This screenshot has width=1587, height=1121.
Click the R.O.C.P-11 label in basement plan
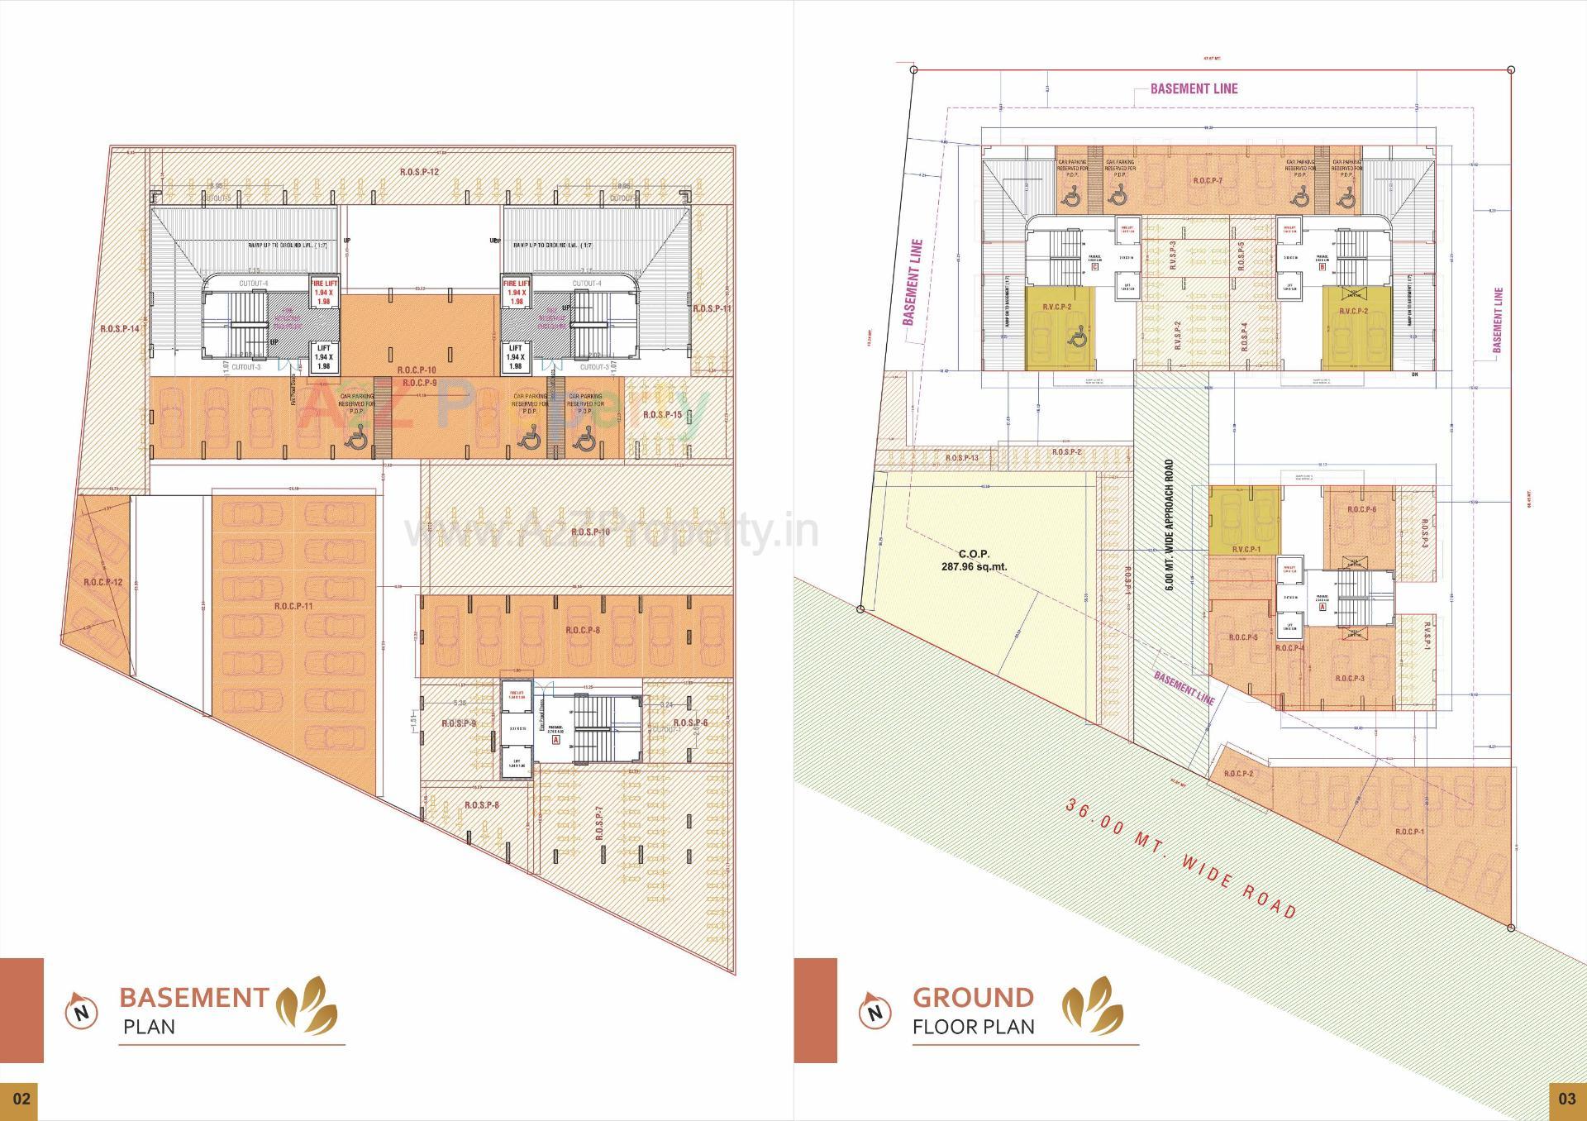point(294,607)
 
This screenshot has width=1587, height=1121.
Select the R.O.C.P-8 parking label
point(583,630)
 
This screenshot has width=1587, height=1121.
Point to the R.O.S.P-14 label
point(121,328)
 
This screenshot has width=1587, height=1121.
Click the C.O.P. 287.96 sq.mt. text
point(974,560)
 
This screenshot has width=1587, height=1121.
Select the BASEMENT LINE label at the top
point(1194,88)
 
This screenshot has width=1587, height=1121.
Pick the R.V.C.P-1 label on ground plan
point(1246,549)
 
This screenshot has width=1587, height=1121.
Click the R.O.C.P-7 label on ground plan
point(1208,180)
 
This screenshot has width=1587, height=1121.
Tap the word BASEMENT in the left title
point(194,998)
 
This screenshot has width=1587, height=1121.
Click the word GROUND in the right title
point(973,998)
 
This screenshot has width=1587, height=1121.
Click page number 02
point(21,1099)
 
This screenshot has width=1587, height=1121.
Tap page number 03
point(1566,1099)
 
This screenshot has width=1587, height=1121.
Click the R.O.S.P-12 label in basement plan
point(419,172)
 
